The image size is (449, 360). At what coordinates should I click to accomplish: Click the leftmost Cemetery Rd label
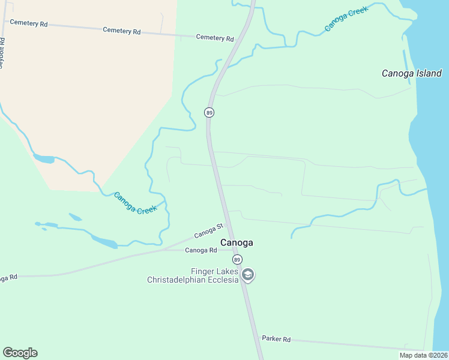pos(28,23)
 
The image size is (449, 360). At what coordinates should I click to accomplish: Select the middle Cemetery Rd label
pos(121,30)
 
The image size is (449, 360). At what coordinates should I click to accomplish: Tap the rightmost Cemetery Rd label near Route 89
pos(214,38)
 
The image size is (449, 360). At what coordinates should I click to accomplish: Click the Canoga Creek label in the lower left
pos(135,203)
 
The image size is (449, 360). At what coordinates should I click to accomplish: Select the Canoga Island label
pos(412,73)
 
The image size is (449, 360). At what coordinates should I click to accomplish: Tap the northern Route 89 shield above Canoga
pos(209,112)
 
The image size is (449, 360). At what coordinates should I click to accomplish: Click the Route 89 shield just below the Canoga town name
pos(238,259)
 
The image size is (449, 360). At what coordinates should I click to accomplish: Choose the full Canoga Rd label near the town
pos(200,250)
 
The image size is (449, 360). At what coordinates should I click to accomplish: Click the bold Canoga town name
pos(237,242)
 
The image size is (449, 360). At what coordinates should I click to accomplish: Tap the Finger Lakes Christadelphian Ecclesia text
pos(193,275)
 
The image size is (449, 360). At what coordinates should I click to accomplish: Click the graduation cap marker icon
pos(248,275)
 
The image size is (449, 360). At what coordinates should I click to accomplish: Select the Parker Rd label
pos(276,339)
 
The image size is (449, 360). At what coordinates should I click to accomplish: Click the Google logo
pos(20,353)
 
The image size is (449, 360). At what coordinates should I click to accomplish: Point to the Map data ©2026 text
pos(423,355)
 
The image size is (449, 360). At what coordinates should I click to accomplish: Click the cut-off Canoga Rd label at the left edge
pos(8,277)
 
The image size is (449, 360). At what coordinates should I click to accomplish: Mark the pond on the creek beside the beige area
pos(43,159)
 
